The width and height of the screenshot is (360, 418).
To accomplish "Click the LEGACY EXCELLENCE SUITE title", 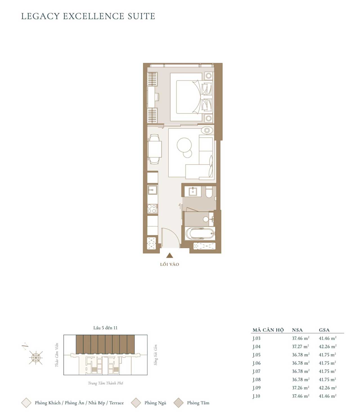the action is point(88,16).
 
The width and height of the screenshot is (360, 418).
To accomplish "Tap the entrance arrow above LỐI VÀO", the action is point(170,255).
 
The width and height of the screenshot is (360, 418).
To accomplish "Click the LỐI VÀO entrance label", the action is point(170,264).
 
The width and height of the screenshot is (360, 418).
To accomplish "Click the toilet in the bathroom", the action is point(209,192).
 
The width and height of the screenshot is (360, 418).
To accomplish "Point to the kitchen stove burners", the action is point(152,209).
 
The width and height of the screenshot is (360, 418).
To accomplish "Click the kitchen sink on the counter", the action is point(152,190).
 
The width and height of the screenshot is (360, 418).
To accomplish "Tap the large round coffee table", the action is point(184,145).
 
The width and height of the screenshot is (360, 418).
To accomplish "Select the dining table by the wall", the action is point(154,149).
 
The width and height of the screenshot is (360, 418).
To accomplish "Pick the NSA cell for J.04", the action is point(300,347).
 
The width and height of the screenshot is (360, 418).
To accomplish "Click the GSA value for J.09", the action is point(328,388).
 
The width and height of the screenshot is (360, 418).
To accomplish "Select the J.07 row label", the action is point(256,371).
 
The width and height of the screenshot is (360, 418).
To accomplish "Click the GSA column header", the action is point(324,330).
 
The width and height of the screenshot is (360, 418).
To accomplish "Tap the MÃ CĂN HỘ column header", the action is point(268,330).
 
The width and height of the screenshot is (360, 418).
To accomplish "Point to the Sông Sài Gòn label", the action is point(156,355).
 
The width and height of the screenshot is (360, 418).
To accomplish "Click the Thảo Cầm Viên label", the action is point(57,355).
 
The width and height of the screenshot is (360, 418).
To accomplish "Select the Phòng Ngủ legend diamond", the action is point(136,403).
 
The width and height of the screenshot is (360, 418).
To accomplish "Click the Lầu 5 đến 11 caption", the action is point(105,328).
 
